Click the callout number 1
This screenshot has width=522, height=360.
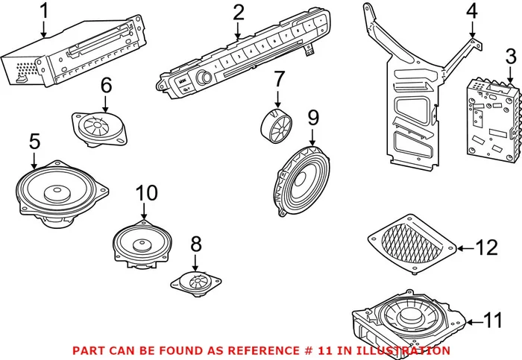(43, 11)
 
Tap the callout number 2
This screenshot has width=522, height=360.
(238, 12)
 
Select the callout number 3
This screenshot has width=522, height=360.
(510, 55)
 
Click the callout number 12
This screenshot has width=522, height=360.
(487, 247)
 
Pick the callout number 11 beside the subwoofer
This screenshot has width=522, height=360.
(493, 321)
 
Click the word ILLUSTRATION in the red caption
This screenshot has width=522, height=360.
(404, 350)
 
